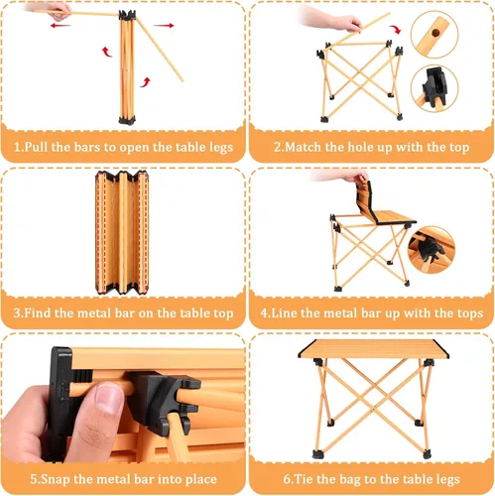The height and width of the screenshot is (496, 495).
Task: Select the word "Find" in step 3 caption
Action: [x=38, y=312]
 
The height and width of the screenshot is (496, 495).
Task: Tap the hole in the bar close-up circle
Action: [x=436, y=33]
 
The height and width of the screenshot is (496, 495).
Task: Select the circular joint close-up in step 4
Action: [x=432, y=250]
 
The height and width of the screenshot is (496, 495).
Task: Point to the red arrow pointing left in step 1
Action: [x=61, y=25]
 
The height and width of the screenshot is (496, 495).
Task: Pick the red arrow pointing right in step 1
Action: [x=164, y=25]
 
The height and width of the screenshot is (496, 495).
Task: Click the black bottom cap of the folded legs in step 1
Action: [x=127, y=119]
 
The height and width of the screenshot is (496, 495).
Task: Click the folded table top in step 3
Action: [x=122, y=233]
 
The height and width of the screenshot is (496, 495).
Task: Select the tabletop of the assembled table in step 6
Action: [x=373, y=349]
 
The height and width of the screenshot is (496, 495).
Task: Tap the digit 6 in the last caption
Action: [x=286, y=479]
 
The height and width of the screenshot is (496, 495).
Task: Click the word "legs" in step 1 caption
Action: [x=221, y=148]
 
